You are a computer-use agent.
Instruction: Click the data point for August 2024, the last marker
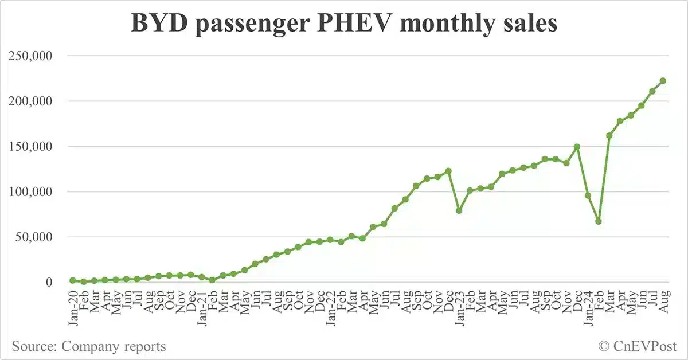point(663,81)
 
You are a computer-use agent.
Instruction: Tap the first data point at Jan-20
point(73,280)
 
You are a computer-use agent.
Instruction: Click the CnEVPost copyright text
point(637,346)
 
